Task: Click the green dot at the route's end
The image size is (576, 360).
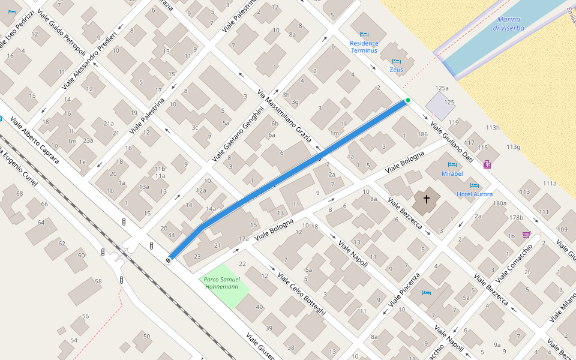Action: [407, 100]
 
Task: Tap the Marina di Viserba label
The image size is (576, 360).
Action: [508, 24]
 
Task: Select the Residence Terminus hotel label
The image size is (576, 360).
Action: [364, 47]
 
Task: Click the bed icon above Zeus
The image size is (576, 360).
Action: [396, 61]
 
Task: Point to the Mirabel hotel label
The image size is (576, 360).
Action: [452, 173]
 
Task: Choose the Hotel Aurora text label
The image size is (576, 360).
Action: [474, 194]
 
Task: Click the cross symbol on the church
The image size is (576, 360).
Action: [427, 198]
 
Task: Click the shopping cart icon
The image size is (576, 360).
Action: [526, 235]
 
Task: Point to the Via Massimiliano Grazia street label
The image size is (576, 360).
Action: [284, 116]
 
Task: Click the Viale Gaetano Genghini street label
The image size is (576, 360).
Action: [238, 134]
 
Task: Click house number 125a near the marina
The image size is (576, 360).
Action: [442, 88]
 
